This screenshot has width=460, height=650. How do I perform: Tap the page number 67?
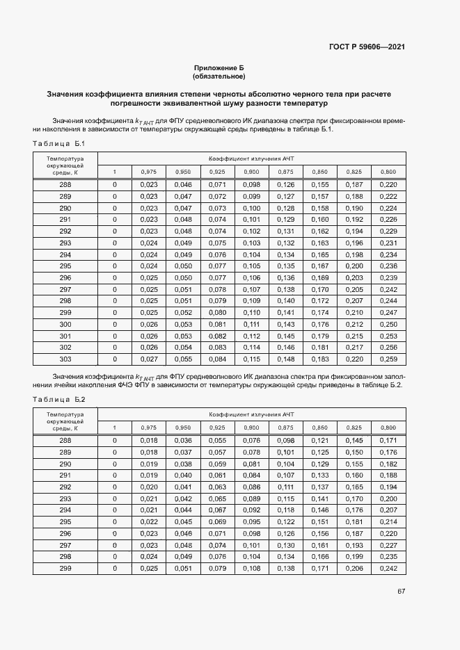click(402, 592)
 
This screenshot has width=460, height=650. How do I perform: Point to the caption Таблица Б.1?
click(58, 144)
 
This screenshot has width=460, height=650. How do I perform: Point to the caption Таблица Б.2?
click(58, 399)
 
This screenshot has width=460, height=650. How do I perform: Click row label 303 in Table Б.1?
click(65, 359)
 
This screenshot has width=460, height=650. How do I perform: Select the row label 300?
click(65, 324)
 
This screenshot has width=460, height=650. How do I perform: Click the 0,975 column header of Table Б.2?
click(149, 428)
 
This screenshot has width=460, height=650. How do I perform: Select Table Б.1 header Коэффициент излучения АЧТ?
click(251, 159)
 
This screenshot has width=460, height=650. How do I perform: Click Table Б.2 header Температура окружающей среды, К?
click(65, 421)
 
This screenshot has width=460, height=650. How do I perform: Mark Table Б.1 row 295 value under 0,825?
click(354, 266)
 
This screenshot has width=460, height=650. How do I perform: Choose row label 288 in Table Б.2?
click(65, 440)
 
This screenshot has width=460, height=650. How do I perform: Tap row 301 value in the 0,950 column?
click(183, 336)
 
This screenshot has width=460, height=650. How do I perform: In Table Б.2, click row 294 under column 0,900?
click(251, 510)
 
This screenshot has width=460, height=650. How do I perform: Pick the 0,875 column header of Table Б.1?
click(285, 172)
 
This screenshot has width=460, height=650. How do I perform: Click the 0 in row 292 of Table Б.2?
click(115, 487)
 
